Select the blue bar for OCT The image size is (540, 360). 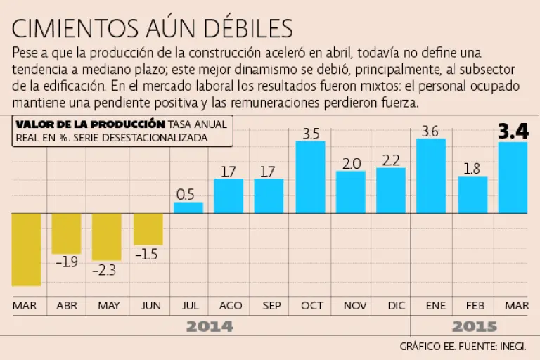(310, 176)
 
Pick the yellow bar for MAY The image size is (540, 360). (106, 236)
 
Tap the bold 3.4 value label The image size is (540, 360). (513, 131)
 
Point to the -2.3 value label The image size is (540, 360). (106, 270)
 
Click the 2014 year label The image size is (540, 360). (210, 327)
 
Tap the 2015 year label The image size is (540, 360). (474, 327)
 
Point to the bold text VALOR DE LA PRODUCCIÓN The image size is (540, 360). (90, 124)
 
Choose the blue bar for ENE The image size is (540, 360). (431, 176)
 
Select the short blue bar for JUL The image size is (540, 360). (188, 207)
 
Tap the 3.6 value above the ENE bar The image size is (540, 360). (430, 131)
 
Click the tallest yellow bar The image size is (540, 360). (26, 250)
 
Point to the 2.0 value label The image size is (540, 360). (350, 163)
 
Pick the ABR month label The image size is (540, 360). (66, 306)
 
